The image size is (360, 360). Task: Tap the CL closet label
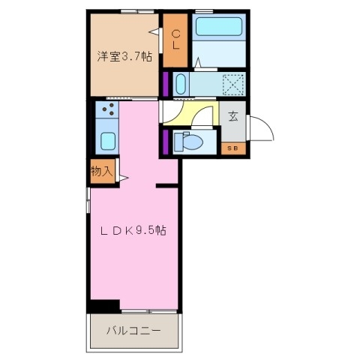pyautogui.click(x=176, y=40)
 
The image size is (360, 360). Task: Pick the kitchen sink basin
pyautogui.click(x=106, y=140)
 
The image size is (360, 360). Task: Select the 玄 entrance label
pyautogui.click(x=233, y=117)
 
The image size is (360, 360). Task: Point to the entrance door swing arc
pyautogui.click(x=262, y=127)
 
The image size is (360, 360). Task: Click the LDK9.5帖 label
pyautogui.click(x=133, y=232)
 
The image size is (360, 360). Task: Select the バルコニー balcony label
pyautogui.click(x=133, y=329)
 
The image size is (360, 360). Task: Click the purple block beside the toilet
pyautogui.click(x=165, y=141)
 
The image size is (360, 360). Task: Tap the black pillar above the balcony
pyautogui.click(x=103, y=305)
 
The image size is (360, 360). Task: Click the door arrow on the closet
pyautogui.click(x=155, y=31)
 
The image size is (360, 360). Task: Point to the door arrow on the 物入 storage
pyautogui.click(x=121, y=177)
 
